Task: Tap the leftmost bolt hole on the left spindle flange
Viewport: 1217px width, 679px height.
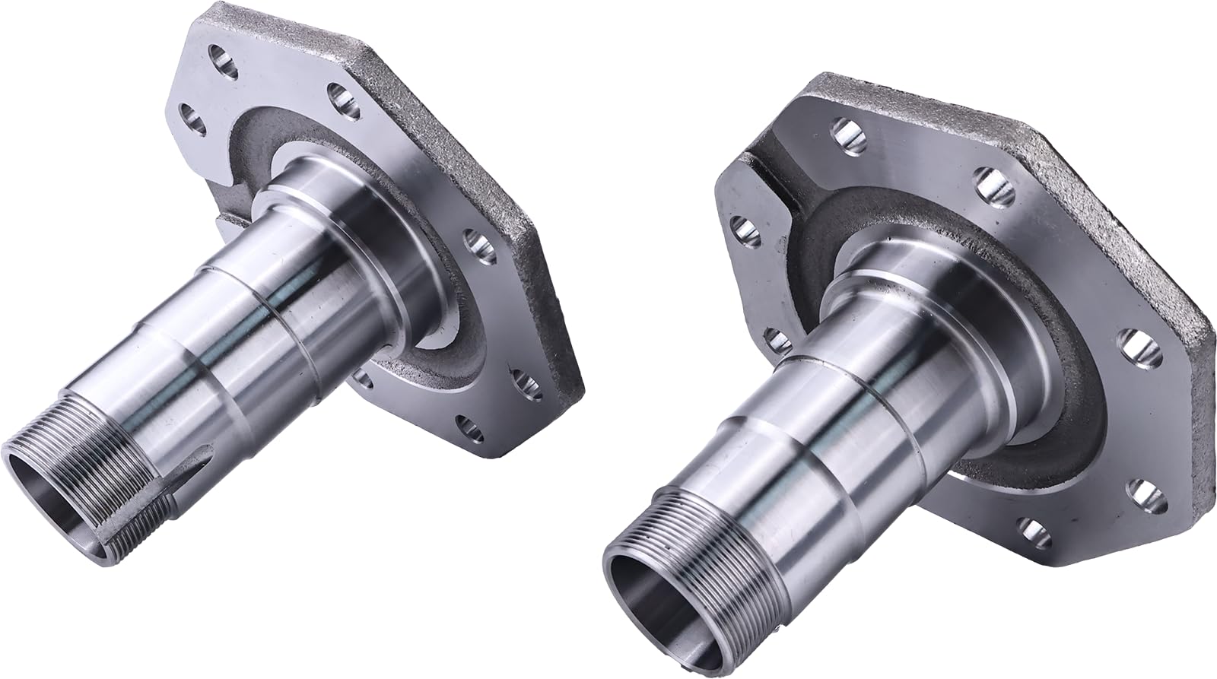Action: [191, 118]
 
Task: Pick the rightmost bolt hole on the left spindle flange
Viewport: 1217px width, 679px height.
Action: [523, 379]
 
